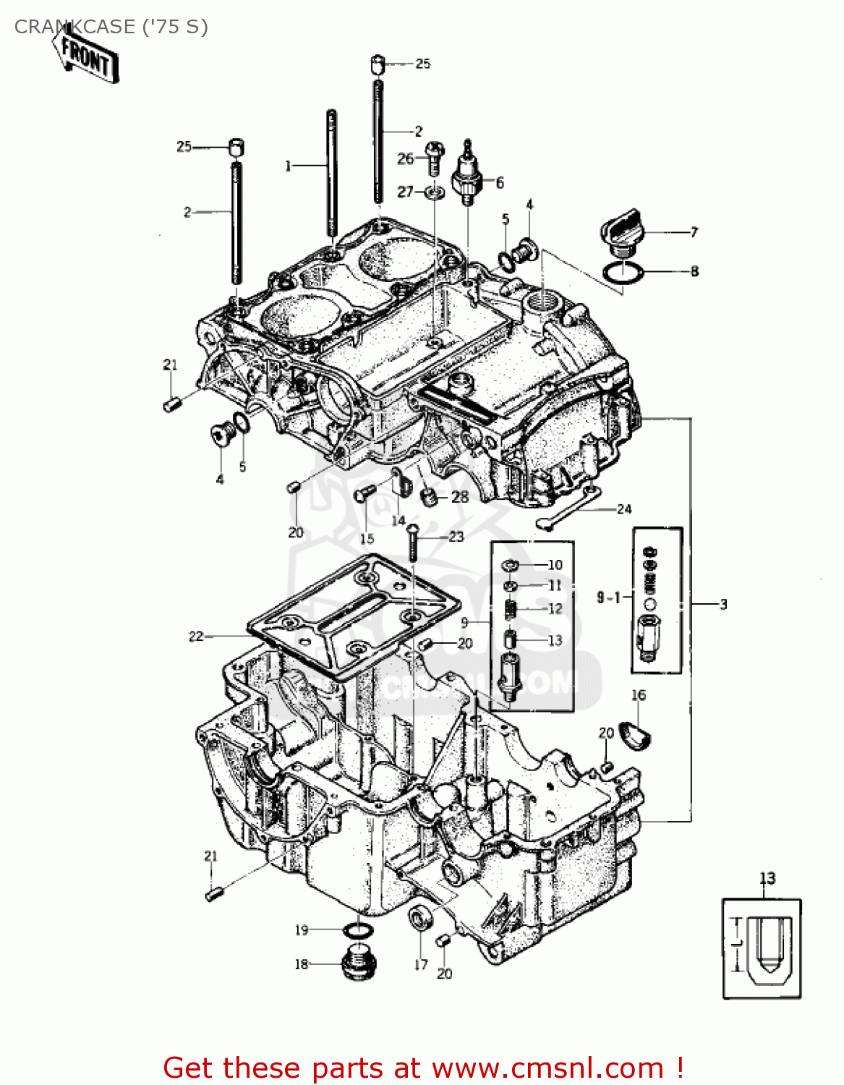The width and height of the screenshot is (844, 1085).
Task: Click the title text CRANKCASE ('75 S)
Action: coord(111,27)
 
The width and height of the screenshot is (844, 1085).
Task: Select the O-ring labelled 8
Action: coord(623,273)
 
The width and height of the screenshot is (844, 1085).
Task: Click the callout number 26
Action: coord(405,158)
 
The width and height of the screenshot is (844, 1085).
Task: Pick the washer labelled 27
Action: coord(435,192)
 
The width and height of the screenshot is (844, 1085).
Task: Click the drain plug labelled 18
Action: coord(359,962)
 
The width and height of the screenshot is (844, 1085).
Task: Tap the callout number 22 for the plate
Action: coord(196,637)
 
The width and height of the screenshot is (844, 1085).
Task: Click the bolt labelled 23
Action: coord(412,542)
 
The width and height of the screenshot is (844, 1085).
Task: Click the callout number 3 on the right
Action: coord(723,604)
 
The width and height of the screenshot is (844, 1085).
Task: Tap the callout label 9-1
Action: coord(608,597)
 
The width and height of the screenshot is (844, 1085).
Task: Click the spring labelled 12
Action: coord(511,609)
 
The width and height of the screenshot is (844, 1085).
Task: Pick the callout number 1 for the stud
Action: coord(288,166)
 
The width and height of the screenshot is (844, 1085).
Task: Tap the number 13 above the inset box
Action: coord(767,878)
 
